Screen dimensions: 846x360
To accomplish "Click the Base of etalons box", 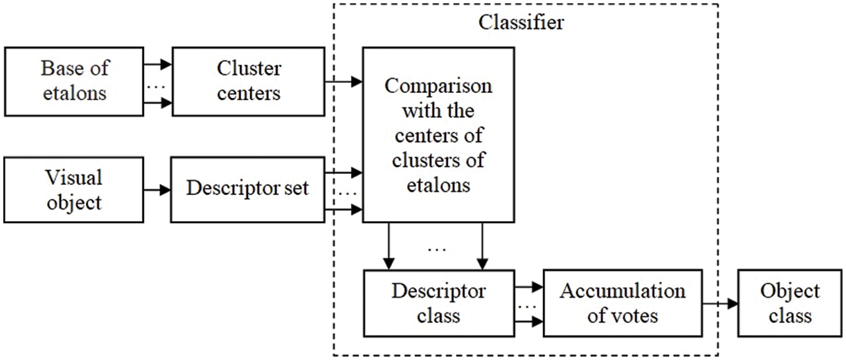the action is point(74,82).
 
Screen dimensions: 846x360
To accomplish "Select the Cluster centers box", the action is point(248,82).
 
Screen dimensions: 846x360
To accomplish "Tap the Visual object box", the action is point(74,190).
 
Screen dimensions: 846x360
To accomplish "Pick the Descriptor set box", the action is point(248,190).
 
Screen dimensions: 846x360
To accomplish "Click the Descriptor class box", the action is point(439,303).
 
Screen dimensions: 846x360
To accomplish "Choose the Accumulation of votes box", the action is point(623,303).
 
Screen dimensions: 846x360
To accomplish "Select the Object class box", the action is point(790,303).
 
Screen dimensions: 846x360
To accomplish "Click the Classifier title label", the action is point(521,22).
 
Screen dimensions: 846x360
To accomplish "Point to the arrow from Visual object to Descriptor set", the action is point(158,190).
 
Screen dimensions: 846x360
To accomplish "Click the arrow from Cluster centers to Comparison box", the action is point(344,81).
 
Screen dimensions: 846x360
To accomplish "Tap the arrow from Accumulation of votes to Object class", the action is point(720,303).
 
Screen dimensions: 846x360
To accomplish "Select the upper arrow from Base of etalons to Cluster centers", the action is point(158,64).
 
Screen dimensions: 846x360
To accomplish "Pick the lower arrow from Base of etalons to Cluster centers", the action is point(158,102).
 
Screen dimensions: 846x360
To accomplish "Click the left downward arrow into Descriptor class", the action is point(389,246).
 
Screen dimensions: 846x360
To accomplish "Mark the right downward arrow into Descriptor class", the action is point(482,246).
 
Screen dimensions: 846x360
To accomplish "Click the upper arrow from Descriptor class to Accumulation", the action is point(529,287).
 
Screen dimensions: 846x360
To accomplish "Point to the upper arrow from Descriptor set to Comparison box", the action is point(344,173).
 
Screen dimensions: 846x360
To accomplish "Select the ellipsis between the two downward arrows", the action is point(436,249).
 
